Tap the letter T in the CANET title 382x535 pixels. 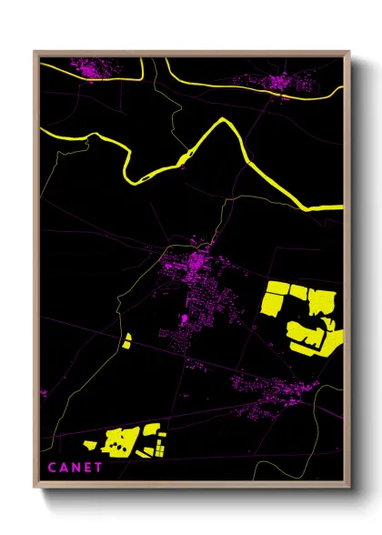(99, 468)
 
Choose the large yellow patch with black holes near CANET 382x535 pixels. (120, 442)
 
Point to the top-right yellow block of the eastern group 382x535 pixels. (320, 299)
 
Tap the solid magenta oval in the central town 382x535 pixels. (185, 319)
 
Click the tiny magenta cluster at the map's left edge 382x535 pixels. (43, 393)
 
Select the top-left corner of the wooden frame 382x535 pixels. (35, 52)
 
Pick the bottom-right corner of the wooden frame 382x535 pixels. (349, 490)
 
